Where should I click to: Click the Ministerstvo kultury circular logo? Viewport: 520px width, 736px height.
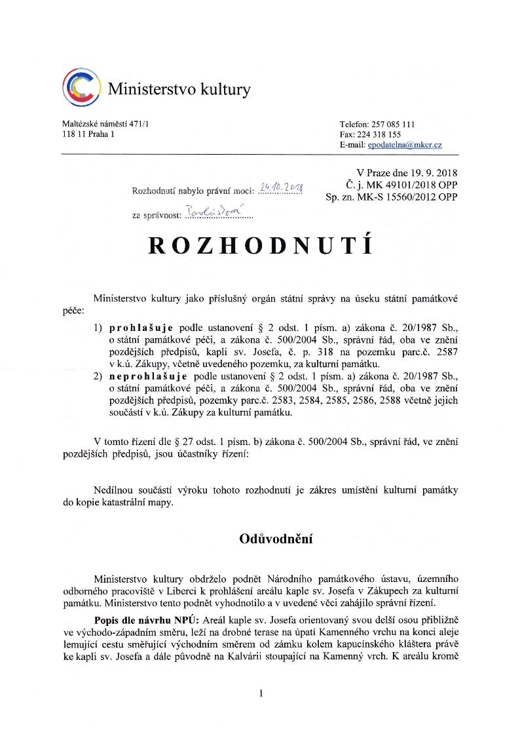[81, 88]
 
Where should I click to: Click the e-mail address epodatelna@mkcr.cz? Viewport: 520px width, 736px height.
[404, 144]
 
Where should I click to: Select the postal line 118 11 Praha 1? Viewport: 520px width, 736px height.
[88, 134]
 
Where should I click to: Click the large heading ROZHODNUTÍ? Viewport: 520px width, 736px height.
[261, 244]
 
